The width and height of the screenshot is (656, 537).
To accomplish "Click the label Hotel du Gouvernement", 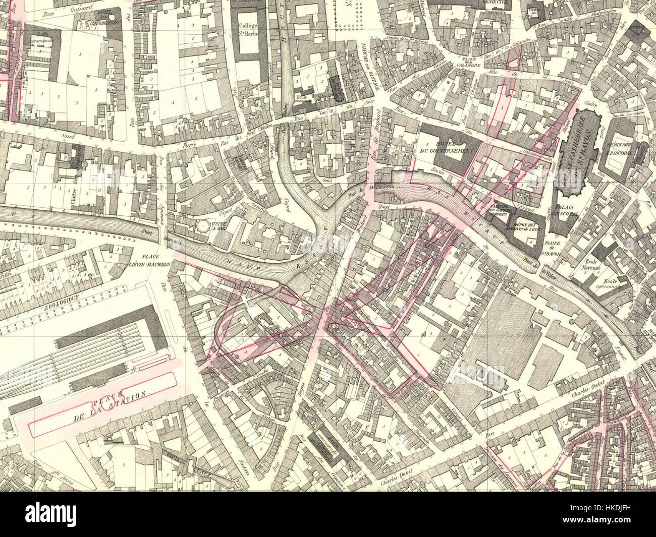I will pyautogui.click(x=448, y=146).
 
